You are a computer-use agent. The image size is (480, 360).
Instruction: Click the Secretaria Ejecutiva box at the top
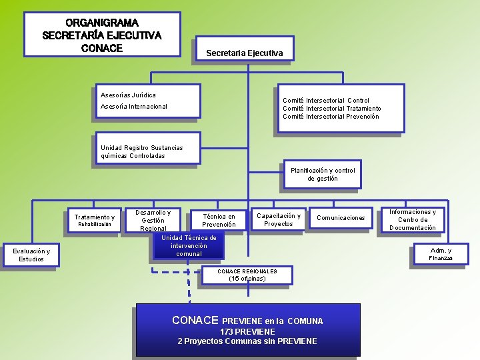pos(244,53)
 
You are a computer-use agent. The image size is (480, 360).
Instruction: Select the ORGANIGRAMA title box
pos(102,35)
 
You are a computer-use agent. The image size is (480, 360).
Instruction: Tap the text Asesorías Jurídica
pos(128,95)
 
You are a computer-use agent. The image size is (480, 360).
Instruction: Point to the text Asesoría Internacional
pos(134,107)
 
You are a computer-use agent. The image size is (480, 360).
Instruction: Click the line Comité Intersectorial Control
pos(326,101)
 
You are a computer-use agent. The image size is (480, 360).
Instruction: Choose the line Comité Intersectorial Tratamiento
pos(332,109)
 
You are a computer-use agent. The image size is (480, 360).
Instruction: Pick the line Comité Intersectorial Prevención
pos(331,117)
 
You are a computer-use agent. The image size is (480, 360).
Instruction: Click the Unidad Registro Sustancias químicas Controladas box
pos(141,152)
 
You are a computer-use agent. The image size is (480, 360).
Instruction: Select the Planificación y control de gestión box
pos(323,175)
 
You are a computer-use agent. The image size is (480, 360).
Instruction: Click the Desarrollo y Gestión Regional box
pos(153,221)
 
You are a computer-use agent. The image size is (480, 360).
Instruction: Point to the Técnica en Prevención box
pos(219,221)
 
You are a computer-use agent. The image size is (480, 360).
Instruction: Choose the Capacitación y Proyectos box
pos(279,220)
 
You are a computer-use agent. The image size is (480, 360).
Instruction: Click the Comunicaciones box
pos(341,218)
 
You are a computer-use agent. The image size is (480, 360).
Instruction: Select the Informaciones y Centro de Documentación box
pos(413,220)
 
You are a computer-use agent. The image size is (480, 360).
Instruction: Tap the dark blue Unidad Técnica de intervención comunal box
pos(189,246)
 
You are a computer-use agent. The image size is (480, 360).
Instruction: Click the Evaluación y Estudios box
pos(31,255)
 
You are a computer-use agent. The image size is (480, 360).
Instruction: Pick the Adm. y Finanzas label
pos(441,254)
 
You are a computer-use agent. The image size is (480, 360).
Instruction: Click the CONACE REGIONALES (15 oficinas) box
pos(247,275)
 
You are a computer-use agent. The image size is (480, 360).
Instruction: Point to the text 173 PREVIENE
pos(247,331)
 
